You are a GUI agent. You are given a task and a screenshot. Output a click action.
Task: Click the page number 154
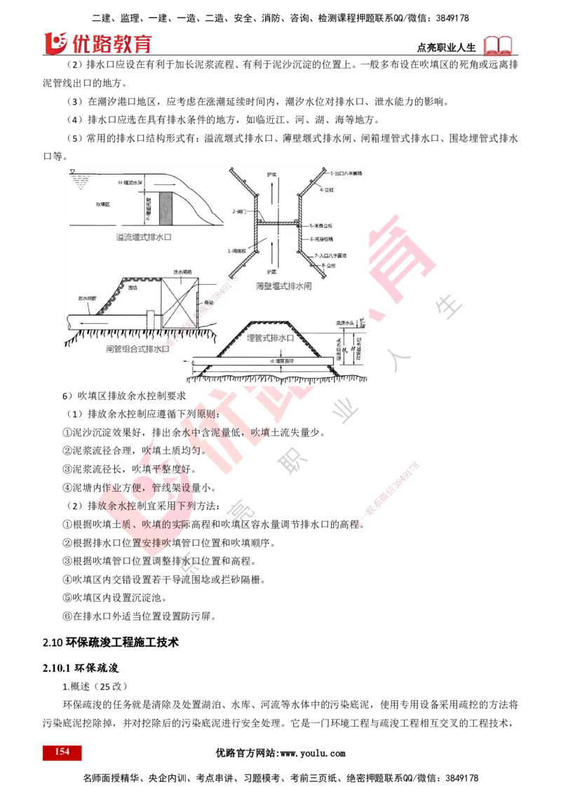62,752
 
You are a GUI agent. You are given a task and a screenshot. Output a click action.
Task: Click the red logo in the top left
97,43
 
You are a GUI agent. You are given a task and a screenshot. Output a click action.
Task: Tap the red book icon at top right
499,46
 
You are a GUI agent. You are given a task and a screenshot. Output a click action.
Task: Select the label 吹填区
102,204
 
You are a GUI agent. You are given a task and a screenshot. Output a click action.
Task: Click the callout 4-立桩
327,189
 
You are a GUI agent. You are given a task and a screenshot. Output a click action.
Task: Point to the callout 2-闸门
238,211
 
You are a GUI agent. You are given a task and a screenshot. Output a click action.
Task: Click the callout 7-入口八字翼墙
332,256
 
